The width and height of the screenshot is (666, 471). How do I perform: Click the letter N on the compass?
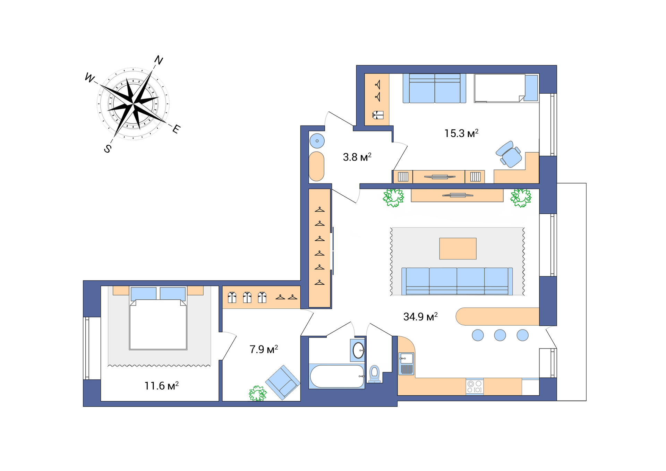point(159,60)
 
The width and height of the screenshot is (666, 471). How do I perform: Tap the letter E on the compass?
point(176,129)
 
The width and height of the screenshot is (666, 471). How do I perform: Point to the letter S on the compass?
point(108,149)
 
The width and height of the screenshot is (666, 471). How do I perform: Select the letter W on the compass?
point(89,78)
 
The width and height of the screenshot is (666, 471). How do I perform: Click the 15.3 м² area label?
point(461,134)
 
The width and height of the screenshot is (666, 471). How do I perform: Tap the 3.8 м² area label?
point(357,157)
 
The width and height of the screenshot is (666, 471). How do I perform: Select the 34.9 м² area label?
point(420,317)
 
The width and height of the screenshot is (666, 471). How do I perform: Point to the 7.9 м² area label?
point(264,349)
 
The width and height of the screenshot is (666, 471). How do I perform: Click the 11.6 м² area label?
point(161,386)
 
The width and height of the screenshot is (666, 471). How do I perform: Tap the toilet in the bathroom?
point(375,374)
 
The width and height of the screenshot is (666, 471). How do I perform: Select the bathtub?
point(337,376)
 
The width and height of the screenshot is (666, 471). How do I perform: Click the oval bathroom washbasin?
point(358,350)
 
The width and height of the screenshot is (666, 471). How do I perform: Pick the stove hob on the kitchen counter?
point(475,387)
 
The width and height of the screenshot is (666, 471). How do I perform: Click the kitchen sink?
point(406,358)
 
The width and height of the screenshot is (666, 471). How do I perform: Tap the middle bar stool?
point(500,335)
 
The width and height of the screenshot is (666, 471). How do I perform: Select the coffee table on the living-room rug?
point(458,249)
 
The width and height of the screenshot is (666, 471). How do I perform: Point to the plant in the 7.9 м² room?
point(257,394)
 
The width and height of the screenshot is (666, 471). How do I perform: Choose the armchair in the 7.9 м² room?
point(283,382)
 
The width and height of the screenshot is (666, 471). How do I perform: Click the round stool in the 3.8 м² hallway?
point(317,141)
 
